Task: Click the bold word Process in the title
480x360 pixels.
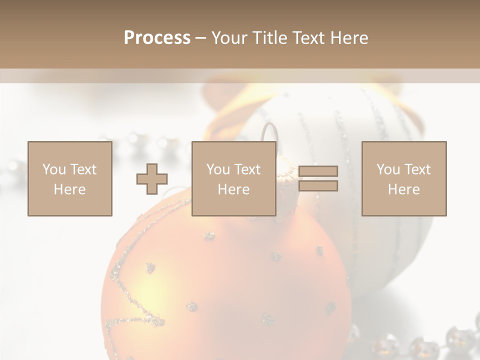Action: click(x=157, y=38)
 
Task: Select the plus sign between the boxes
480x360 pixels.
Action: click(x=152, y=179)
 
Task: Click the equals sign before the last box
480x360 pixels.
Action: click(x=318, y=178)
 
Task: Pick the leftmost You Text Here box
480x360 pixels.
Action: click(x=69, y=178)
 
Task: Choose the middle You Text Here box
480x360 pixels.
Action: click(x=233, y=178)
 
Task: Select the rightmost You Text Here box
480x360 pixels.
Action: click(x=403, y=178)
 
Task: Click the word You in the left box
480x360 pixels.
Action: click(x=54, y=169)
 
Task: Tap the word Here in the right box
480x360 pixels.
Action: click(x=403, y=189)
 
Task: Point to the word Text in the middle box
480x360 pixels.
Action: click(x=247, y=169)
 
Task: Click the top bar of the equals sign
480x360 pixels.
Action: click(x=318, y=171)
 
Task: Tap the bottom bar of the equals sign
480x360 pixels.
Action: click(x=318, y=186)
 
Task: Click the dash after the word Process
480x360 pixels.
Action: click(x=200, y=38)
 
